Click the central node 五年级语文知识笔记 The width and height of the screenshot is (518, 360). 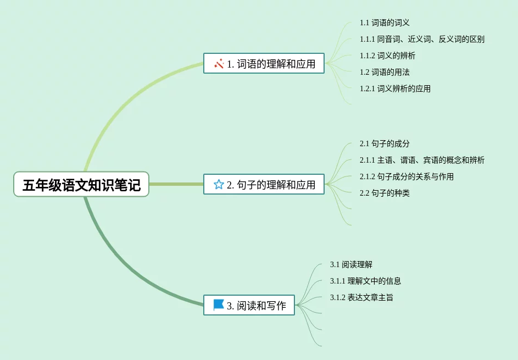point(81,185)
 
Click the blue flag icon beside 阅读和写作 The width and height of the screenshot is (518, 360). point(219,305)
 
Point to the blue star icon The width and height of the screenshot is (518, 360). point(219,185)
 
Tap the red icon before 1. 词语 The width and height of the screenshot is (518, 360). point(219,64)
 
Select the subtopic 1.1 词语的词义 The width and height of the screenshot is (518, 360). point(385,23)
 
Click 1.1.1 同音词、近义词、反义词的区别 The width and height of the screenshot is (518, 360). point(422,40)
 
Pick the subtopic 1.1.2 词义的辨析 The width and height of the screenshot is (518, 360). point(387,56)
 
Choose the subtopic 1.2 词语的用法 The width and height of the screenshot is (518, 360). point(385,72)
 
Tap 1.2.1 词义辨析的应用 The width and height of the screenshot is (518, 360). point(395,88)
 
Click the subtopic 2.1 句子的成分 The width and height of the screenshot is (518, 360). point(385,144)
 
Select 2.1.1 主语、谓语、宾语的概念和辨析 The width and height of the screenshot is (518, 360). point(422,160)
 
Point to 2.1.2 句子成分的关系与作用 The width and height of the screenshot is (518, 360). point(406,176)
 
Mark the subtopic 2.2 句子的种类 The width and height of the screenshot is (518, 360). point(385,193)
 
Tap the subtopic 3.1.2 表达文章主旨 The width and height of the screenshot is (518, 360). point(361,297)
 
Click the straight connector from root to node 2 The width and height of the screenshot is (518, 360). point(176,184)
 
